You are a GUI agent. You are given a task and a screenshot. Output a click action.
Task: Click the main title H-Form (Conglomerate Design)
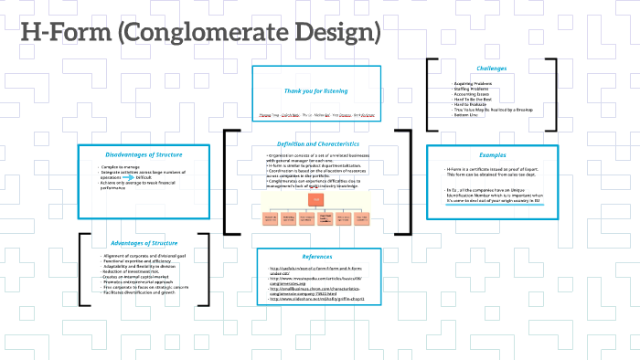200,34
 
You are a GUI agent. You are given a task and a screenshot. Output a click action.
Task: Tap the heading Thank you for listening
315,91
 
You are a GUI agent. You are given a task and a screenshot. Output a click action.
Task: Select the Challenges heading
491,69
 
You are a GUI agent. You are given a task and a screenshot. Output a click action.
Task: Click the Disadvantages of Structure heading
136,153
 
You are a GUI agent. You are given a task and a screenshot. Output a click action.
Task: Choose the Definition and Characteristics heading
317,144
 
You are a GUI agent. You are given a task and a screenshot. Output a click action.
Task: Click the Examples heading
491,154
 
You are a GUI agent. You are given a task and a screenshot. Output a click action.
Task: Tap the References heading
317,258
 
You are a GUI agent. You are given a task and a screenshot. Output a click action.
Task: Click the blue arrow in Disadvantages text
129,176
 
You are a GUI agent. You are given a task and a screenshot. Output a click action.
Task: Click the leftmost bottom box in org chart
271,218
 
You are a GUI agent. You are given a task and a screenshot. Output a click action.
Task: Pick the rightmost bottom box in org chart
364,218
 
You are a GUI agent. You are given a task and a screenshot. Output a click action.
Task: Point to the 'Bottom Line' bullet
469,115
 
